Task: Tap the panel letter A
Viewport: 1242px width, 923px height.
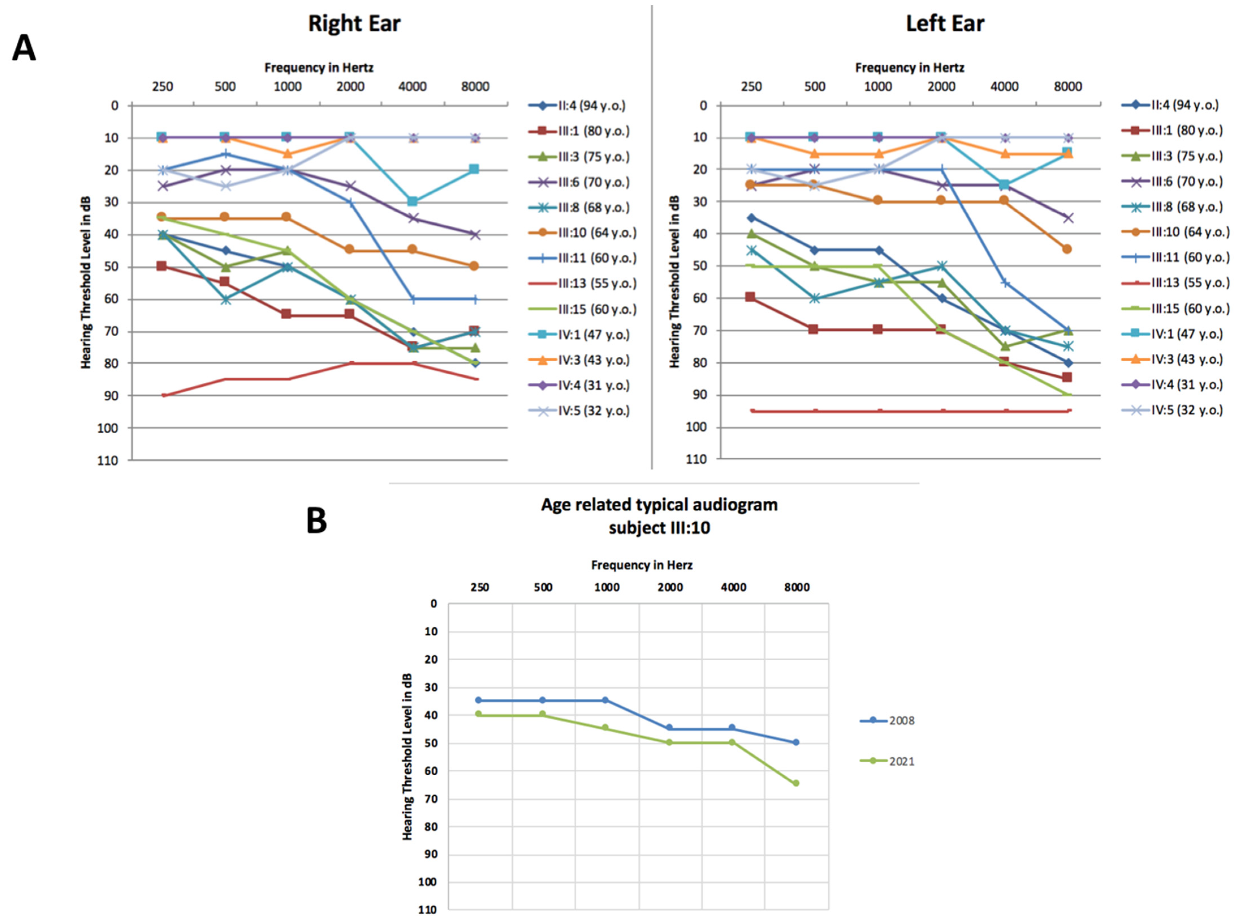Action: (x=24, y=49)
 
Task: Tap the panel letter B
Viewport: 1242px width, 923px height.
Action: (x=317, y=521)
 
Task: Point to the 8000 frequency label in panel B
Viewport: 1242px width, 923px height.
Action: (x=796, y=587)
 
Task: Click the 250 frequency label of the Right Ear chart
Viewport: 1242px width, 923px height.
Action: (x=163, y=87)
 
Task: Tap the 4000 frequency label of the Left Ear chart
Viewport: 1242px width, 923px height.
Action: (x=1004, y=87)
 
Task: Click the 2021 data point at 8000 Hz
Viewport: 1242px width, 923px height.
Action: (x=796, y=783)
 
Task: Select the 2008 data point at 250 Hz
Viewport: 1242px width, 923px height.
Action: (x=479, y=700)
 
